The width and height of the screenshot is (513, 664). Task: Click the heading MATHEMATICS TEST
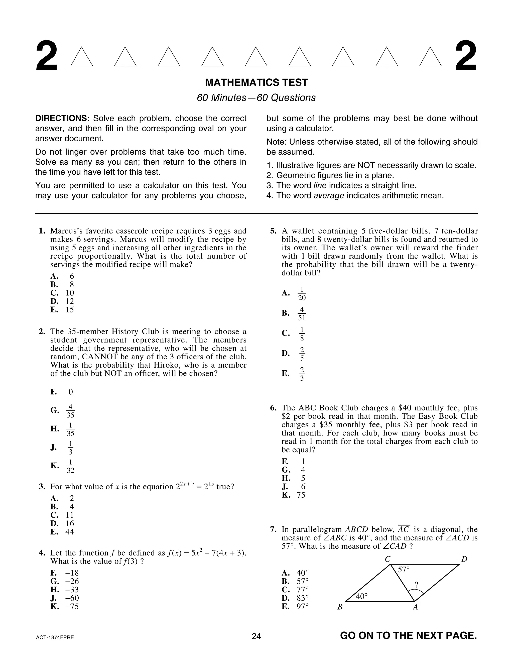click(x=256, y=82)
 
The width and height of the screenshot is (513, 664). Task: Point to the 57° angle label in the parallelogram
click(x=404, y=570)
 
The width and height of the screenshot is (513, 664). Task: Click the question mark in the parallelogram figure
click(x=416, y=584)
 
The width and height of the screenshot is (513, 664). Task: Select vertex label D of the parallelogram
click(x=464, y=559)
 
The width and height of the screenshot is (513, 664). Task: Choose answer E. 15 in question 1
click(x=62, y=309)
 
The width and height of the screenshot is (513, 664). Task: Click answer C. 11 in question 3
click(x=62, y=515)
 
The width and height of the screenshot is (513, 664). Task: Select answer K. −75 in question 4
click(x=65, y=607)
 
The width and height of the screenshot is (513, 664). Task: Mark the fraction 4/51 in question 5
click(x=302, y=313)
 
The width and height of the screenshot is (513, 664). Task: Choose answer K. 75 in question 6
click(x=294, y=495)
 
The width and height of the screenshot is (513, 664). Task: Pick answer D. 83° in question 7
click(x=295, y=598)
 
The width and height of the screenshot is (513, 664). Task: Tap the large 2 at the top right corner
click(x=466, y=57)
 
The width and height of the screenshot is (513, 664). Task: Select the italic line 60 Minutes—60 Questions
click(x=256, y=97)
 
